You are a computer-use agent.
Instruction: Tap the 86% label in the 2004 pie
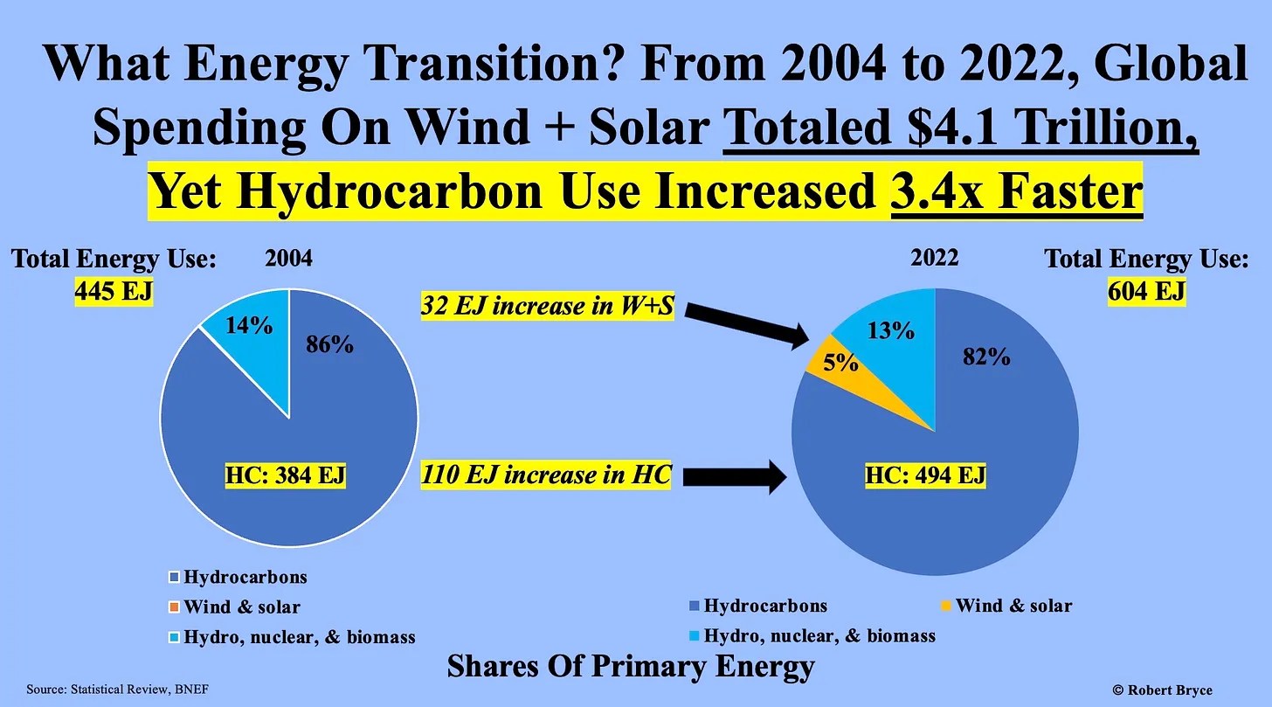pyautogui.click(x=329, y=344)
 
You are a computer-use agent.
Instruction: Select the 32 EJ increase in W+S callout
pyautogui.click(x=547, y=307)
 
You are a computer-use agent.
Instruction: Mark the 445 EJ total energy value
pyautogui.click(x=114, y=291)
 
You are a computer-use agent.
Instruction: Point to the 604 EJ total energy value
pyautogui.click(x=1146, y=291)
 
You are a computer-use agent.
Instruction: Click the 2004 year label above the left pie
pyautogui.click(x=288, y=259)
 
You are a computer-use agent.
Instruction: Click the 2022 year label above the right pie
pyautogui.click(x=934, y=258)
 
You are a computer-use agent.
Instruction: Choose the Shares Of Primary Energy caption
pyautogui.click(x=630, y=667)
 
